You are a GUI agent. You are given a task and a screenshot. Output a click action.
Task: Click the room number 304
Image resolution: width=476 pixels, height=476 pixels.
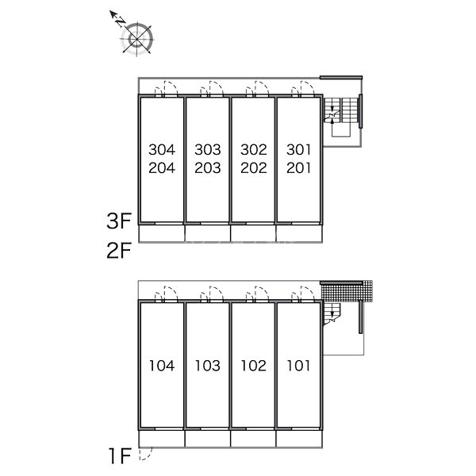(162, 149)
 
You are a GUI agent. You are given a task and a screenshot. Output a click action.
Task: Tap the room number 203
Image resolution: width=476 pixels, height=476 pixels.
(208, 168)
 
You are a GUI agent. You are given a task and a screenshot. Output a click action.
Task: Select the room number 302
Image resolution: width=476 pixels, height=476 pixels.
(254, 149)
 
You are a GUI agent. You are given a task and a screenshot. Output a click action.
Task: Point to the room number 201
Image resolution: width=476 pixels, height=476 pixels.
(299, 168)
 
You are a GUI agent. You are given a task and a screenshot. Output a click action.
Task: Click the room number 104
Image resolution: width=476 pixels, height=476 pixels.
(162, 366)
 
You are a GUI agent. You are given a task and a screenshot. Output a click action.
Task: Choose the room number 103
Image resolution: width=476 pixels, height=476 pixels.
(208, 366)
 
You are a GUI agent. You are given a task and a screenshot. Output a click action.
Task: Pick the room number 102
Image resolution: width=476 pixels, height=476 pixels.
(254, 366)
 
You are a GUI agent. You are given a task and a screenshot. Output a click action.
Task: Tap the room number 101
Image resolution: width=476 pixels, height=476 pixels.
(299, 366)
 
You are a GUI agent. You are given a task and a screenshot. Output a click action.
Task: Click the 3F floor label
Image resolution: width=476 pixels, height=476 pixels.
(119, 221)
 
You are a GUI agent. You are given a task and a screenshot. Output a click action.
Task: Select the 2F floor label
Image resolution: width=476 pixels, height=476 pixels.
(119, 250)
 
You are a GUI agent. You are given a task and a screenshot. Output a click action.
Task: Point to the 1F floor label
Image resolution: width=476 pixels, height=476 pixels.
(121, 456)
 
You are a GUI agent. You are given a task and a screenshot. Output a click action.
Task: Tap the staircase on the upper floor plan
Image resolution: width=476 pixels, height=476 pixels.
(340, 110)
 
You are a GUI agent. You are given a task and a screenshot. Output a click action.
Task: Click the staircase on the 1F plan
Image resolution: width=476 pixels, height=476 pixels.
(332, 313)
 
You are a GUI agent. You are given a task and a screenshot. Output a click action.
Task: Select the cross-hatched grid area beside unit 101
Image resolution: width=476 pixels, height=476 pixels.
(347, 291)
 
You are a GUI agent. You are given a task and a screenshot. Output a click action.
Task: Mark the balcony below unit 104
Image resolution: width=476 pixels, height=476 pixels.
(162, 439)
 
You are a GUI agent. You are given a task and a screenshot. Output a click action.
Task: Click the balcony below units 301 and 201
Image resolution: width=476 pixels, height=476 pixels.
(299, 234)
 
